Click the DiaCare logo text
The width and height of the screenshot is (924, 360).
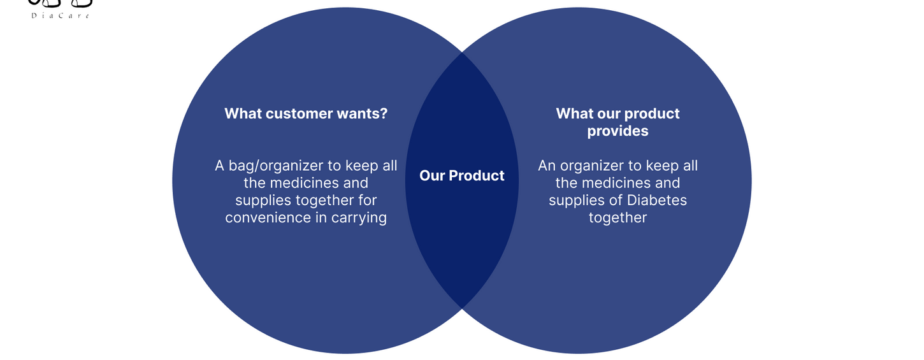click(x=61, y=16)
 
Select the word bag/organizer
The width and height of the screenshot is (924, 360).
click(x=275, y=166)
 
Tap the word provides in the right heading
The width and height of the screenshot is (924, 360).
click(x=617, y=131)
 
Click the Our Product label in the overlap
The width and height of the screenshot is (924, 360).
click(x=461, y=176)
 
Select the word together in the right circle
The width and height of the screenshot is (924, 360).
click(x=617, y=218)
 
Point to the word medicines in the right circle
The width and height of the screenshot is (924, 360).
click(x=617, y=183)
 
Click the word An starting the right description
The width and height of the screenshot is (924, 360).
click(x=547, y=166)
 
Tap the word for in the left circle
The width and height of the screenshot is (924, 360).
click(x=367, y=200)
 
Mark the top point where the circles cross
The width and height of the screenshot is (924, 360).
click(x=462, y=53)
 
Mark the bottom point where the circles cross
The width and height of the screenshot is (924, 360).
click(x=462, y=308)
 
